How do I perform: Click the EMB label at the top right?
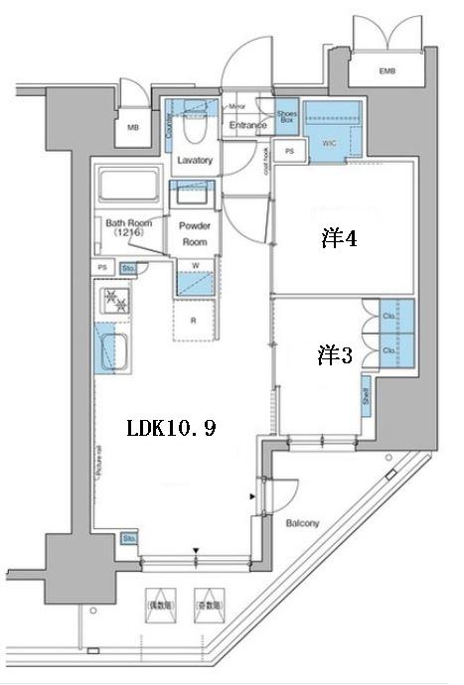386,70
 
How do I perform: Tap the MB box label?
133,127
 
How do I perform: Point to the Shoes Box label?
286,121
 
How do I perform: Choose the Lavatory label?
195,160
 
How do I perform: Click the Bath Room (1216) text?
128,228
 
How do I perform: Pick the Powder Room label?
194,233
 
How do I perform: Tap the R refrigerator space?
194,320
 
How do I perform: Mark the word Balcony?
302,522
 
